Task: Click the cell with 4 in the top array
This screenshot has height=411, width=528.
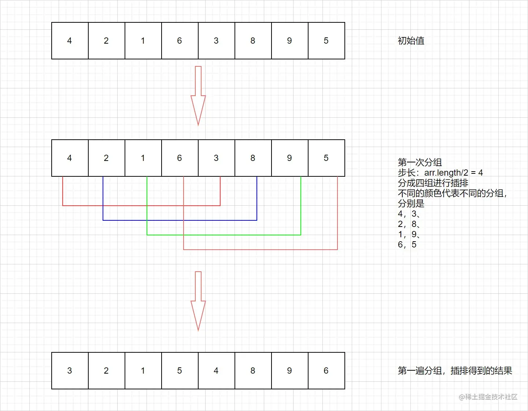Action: point(70,41)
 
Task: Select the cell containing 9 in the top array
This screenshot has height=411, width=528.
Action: point(289,41)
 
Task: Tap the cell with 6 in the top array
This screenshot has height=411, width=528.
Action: point(180,41)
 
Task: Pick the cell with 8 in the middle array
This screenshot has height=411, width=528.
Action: point(253,158)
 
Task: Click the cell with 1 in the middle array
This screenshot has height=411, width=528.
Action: point(143,158)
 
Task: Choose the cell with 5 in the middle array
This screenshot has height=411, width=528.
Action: point(326,158)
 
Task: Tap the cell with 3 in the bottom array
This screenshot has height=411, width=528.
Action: point(70,371)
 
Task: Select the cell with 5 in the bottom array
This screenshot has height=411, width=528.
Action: point(180,371)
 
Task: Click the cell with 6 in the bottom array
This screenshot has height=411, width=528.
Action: point(326,371)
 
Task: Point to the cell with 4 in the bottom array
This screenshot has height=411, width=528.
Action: point(216,371)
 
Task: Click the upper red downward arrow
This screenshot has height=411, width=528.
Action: point(198,95)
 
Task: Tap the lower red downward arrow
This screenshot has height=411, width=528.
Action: point(198,301)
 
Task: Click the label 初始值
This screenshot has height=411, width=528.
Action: point(411,41)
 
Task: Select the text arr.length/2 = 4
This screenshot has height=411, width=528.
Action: point(454,173)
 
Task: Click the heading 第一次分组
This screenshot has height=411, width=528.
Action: point(420,162)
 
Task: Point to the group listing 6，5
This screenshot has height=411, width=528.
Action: point(407,245)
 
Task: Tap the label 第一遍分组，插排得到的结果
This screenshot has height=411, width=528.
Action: point(455,371)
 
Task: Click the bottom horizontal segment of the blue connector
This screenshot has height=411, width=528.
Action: point(180,220)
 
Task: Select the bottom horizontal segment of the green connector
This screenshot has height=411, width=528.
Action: point(224,235)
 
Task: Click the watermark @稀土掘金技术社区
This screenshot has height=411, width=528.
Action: point(488,397)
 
